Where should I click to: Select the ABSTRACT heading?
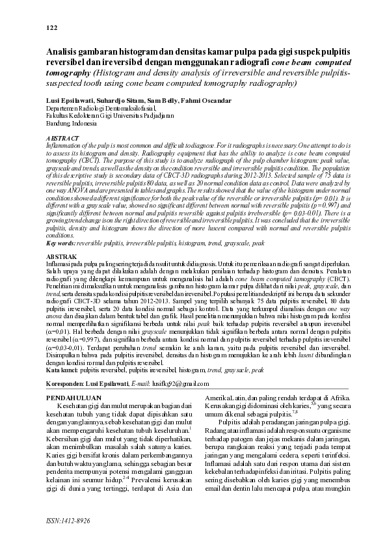tap(63, 139)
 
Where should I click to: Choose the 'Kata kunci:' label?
tap(62, 369)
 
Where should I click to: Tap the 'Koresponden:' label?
tap(72, 384)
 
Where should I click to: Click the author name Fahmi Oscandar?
tap(205, 102)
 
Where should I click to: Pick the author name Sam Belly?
tap(163, 102)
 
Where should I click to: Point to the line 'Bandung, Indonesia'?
tap(70, 123)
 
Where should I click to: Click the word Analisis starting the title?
tap(64, 50)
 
